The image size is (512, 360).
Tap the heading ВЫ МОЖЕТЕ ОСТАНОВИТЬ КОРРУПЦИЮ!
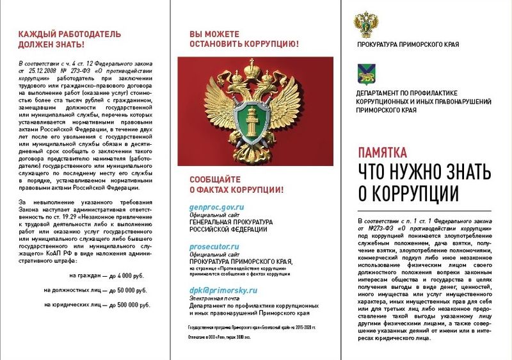[x=244, y=39]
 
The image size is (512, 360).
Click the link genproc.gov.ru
[x=217, y=208]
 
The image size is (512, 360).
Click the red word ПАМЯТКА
[x=383, y=152]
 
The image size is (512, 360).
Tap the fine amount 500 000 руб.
[x=129, y=304]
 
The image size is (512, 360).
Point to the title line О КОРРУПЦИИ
[x=408, y=193]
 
